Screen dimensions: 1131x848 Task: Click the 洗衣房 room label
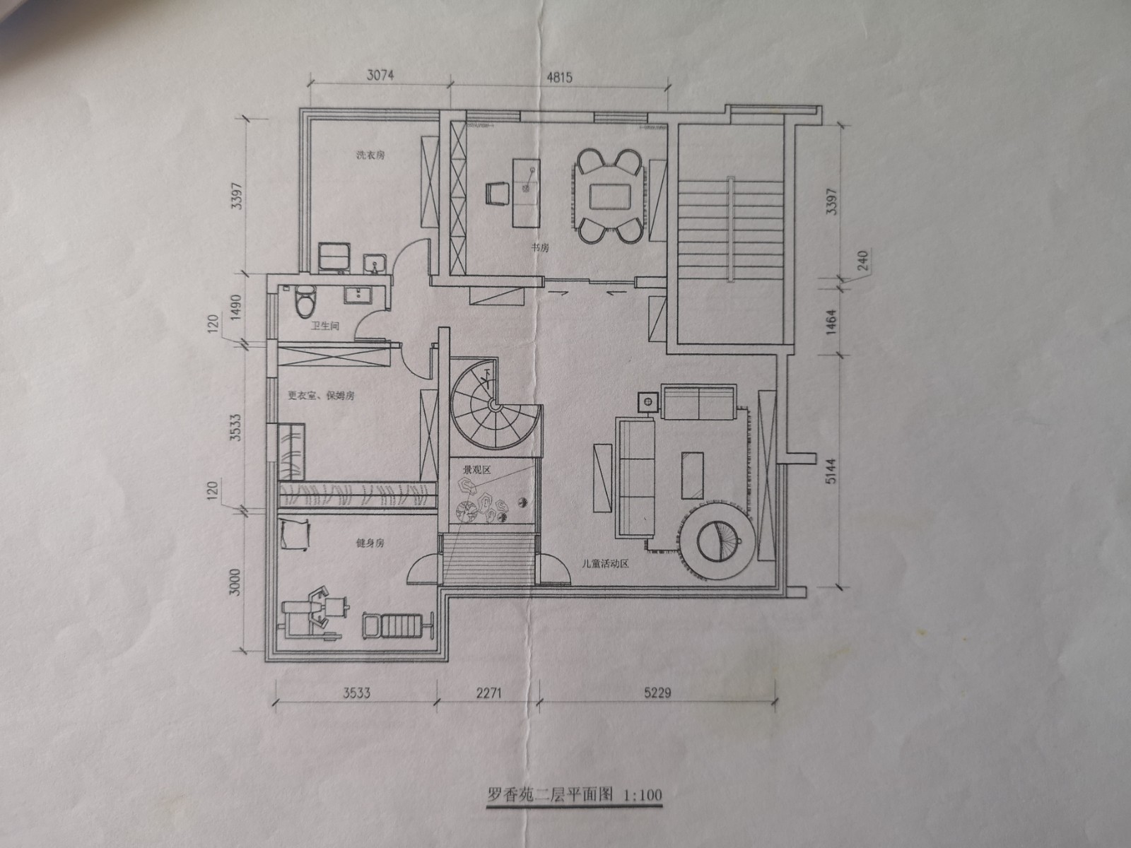[x=370, y=155]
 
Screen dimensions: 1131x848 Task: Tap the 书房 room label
[x=541, y=247]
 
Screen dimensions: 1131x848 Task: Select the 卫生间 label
[x=324, y=326]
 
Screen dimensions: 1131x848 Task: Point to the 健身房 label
[x=370, y=543]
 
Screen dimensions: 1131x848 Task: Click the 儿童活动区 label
[x=605, y=563]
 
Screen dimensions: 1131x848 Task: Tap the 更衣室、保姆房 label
[x=321, y=396]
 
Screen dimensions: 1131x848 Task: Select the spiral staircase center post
[x=493, y=406]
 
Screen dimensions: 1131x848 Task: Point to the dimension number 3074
[x=380, y=75]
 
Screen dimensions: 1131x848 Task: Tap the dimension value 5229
[x=657, y=693]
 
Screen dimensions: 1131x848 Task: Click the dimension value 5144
[x=831, y=471]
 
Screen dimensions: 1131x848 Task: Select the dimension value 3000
[x=235, y=582]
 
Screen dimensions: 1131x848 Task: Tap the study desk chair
[x=496, y=194]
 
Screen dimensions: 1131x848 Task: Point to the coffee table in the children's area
[x=692, y=475]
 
